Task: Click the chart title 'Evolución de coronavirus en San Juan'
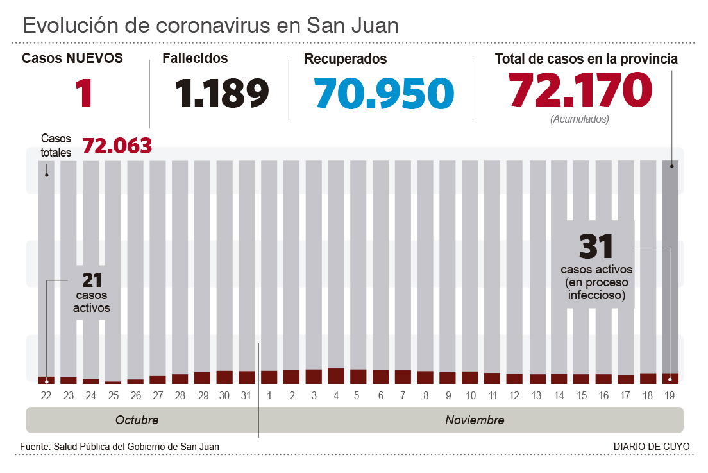(x=210, y=25)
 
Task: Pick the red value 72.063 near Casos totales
(x=117, y=146)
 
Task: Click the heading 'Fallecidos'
(x=195, y=58)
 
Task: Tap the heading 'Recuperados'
(x=345, y=59)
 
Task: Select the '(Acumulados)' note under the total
(x=580, y=119)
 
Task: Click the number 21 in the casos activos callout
(x=92, y=280)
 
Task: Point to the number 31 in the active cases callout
(x=596, y=246)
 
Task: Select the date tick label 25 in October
(x=113, y=396)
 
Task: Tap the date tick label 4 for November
(x=336, y=396)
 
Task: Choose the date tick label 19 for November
(x=670, y=396)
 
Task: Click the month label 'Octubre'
(x=137, y=420)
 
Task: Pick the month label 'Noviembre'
(x=475, y=420)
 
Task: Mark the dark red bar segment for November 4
(x=336, y=376)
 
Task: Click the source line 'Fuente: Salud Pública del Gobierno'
(x=119, y=447)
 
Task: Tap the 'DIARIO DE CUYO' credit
(x=652, y=447)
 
